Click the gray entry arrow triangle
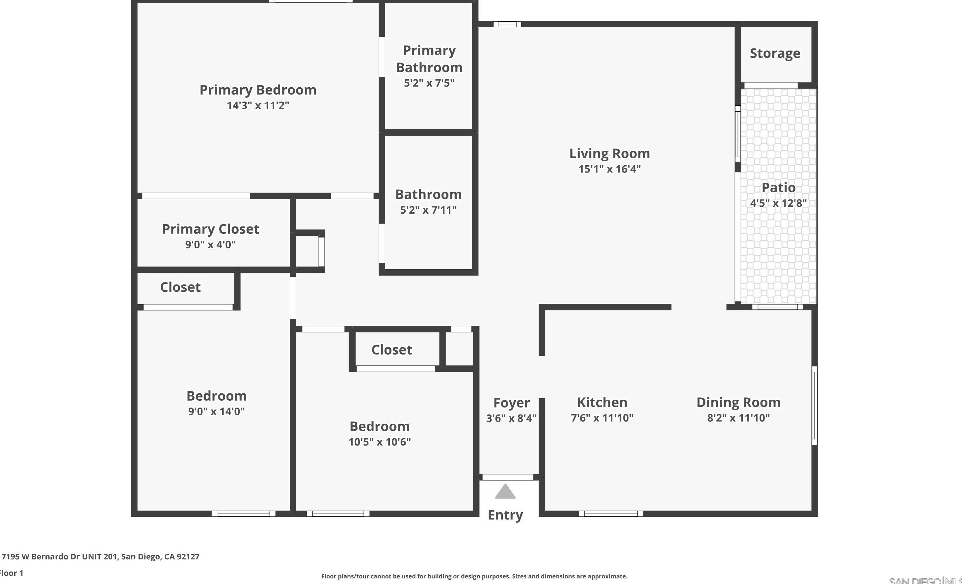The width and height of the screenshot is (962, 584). [x=505, y=492]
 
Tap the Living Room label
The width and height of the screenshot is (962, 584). [x=609, y=154]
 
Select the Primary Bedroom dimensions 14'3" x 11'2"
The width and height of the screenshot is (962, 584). [x=258, y=105]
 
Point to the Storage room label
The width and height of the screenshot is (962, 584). [x=775, y=53]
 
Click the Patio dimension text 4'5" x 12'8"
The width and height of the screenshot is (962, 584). [x=778, y=203]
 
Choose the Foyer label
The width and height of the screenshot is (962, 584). [x=511, y=403]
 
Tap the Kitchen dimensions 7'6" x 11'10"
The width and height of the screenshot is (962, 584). [x=602, y=418]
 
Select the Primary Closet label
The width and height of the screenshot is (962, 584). [x=210, y=229]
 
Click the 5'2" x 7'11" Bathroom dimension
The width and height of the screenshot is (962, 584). [x=428, y=210]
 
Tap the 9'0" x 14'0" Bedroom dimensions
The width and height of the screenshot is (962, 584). [x=216, y=411]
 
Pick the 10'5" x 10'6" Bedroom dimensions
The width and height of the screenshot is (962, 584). [x=380, y=442]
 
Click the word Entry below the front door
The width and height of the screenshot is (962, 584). [x=505, y=515]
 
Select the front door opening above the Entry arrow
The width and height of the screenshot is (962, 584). [x=508, y=477]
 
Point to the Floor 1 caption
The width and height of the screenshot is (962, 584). [x=12, y=573]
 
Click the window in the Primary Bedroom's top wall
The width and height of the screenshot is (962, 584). [x=311, y=2]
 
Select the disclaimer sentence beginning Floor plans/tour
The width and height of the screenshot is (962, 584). [x=474, y=576]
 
